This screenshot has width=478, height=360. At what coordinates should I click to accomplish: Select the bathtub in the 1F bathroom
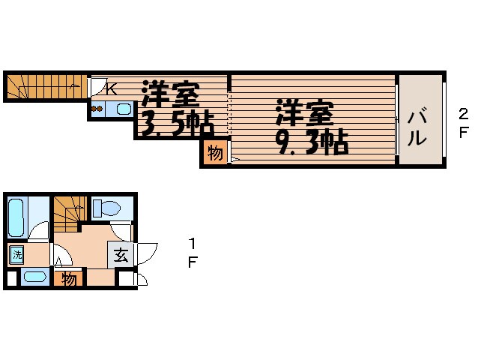(x=17, y=215)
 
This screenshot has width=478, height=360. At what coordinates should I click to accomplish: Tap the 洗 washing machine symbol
(x=16, y=254)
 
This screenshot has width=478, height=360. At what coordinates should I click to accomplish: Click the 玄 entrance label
(x=121, y=254)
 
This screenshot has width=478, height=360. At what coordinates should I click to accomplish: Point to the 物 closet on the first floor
(x=69, y=279)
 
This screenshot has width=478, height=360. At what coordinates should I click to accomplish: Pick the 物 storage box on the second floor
(x=215, y=154)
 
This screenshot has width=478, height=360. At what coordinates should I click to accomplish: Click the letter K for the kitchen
(x=110, y=88)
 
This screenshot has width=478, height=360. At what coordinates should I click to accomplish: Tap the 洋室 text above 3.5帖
(x=171, y=94)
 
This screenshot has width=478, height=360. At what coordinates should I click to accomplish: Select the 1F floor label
(x=193, y=253)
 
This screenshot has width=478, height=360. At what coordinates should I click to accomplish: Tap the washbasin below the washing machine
(x=32, y=277)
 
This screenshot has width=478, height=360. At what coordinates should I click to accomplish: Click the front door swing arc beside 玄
(x=146, y=253)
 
